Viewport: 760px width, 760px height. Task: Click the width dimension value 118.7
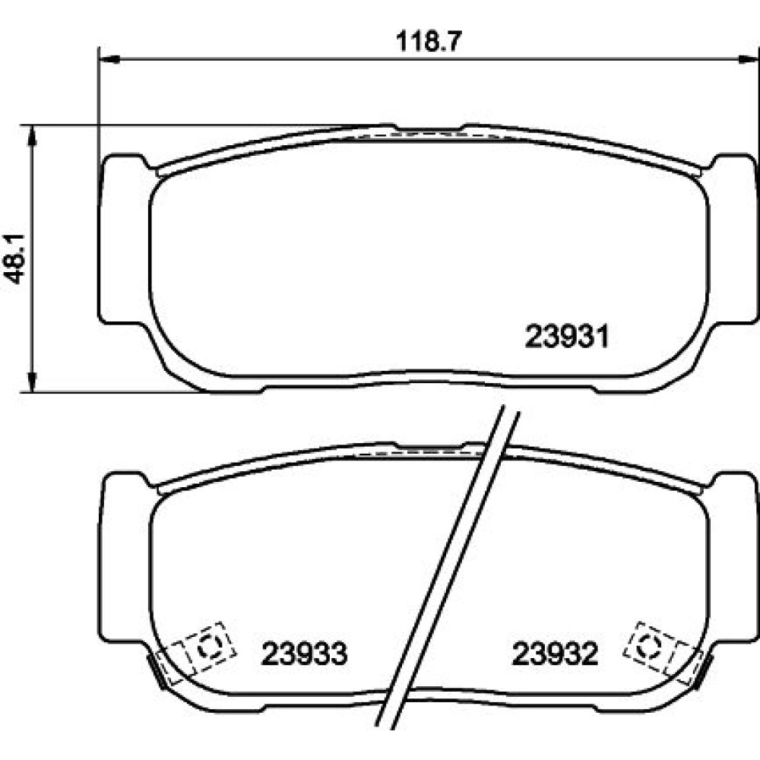click(427, 41)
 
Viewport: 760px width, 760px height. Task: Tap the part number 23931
click(567, 337)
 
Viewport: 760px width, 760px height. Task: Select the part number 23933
click(305, 654)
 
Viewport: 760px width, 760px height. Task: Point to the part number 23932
click(556, 654)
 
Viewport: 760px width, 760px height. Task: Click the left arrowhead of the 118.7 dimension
click(109, 59)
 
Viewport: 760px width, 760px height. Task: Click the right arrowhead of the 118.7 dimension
click(748, 59)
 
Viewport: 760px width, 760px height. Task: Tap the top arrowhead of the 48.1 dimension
click(32, 135)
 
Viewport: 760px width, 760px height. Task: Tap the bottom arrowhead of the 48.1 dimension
click(32, 382)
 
